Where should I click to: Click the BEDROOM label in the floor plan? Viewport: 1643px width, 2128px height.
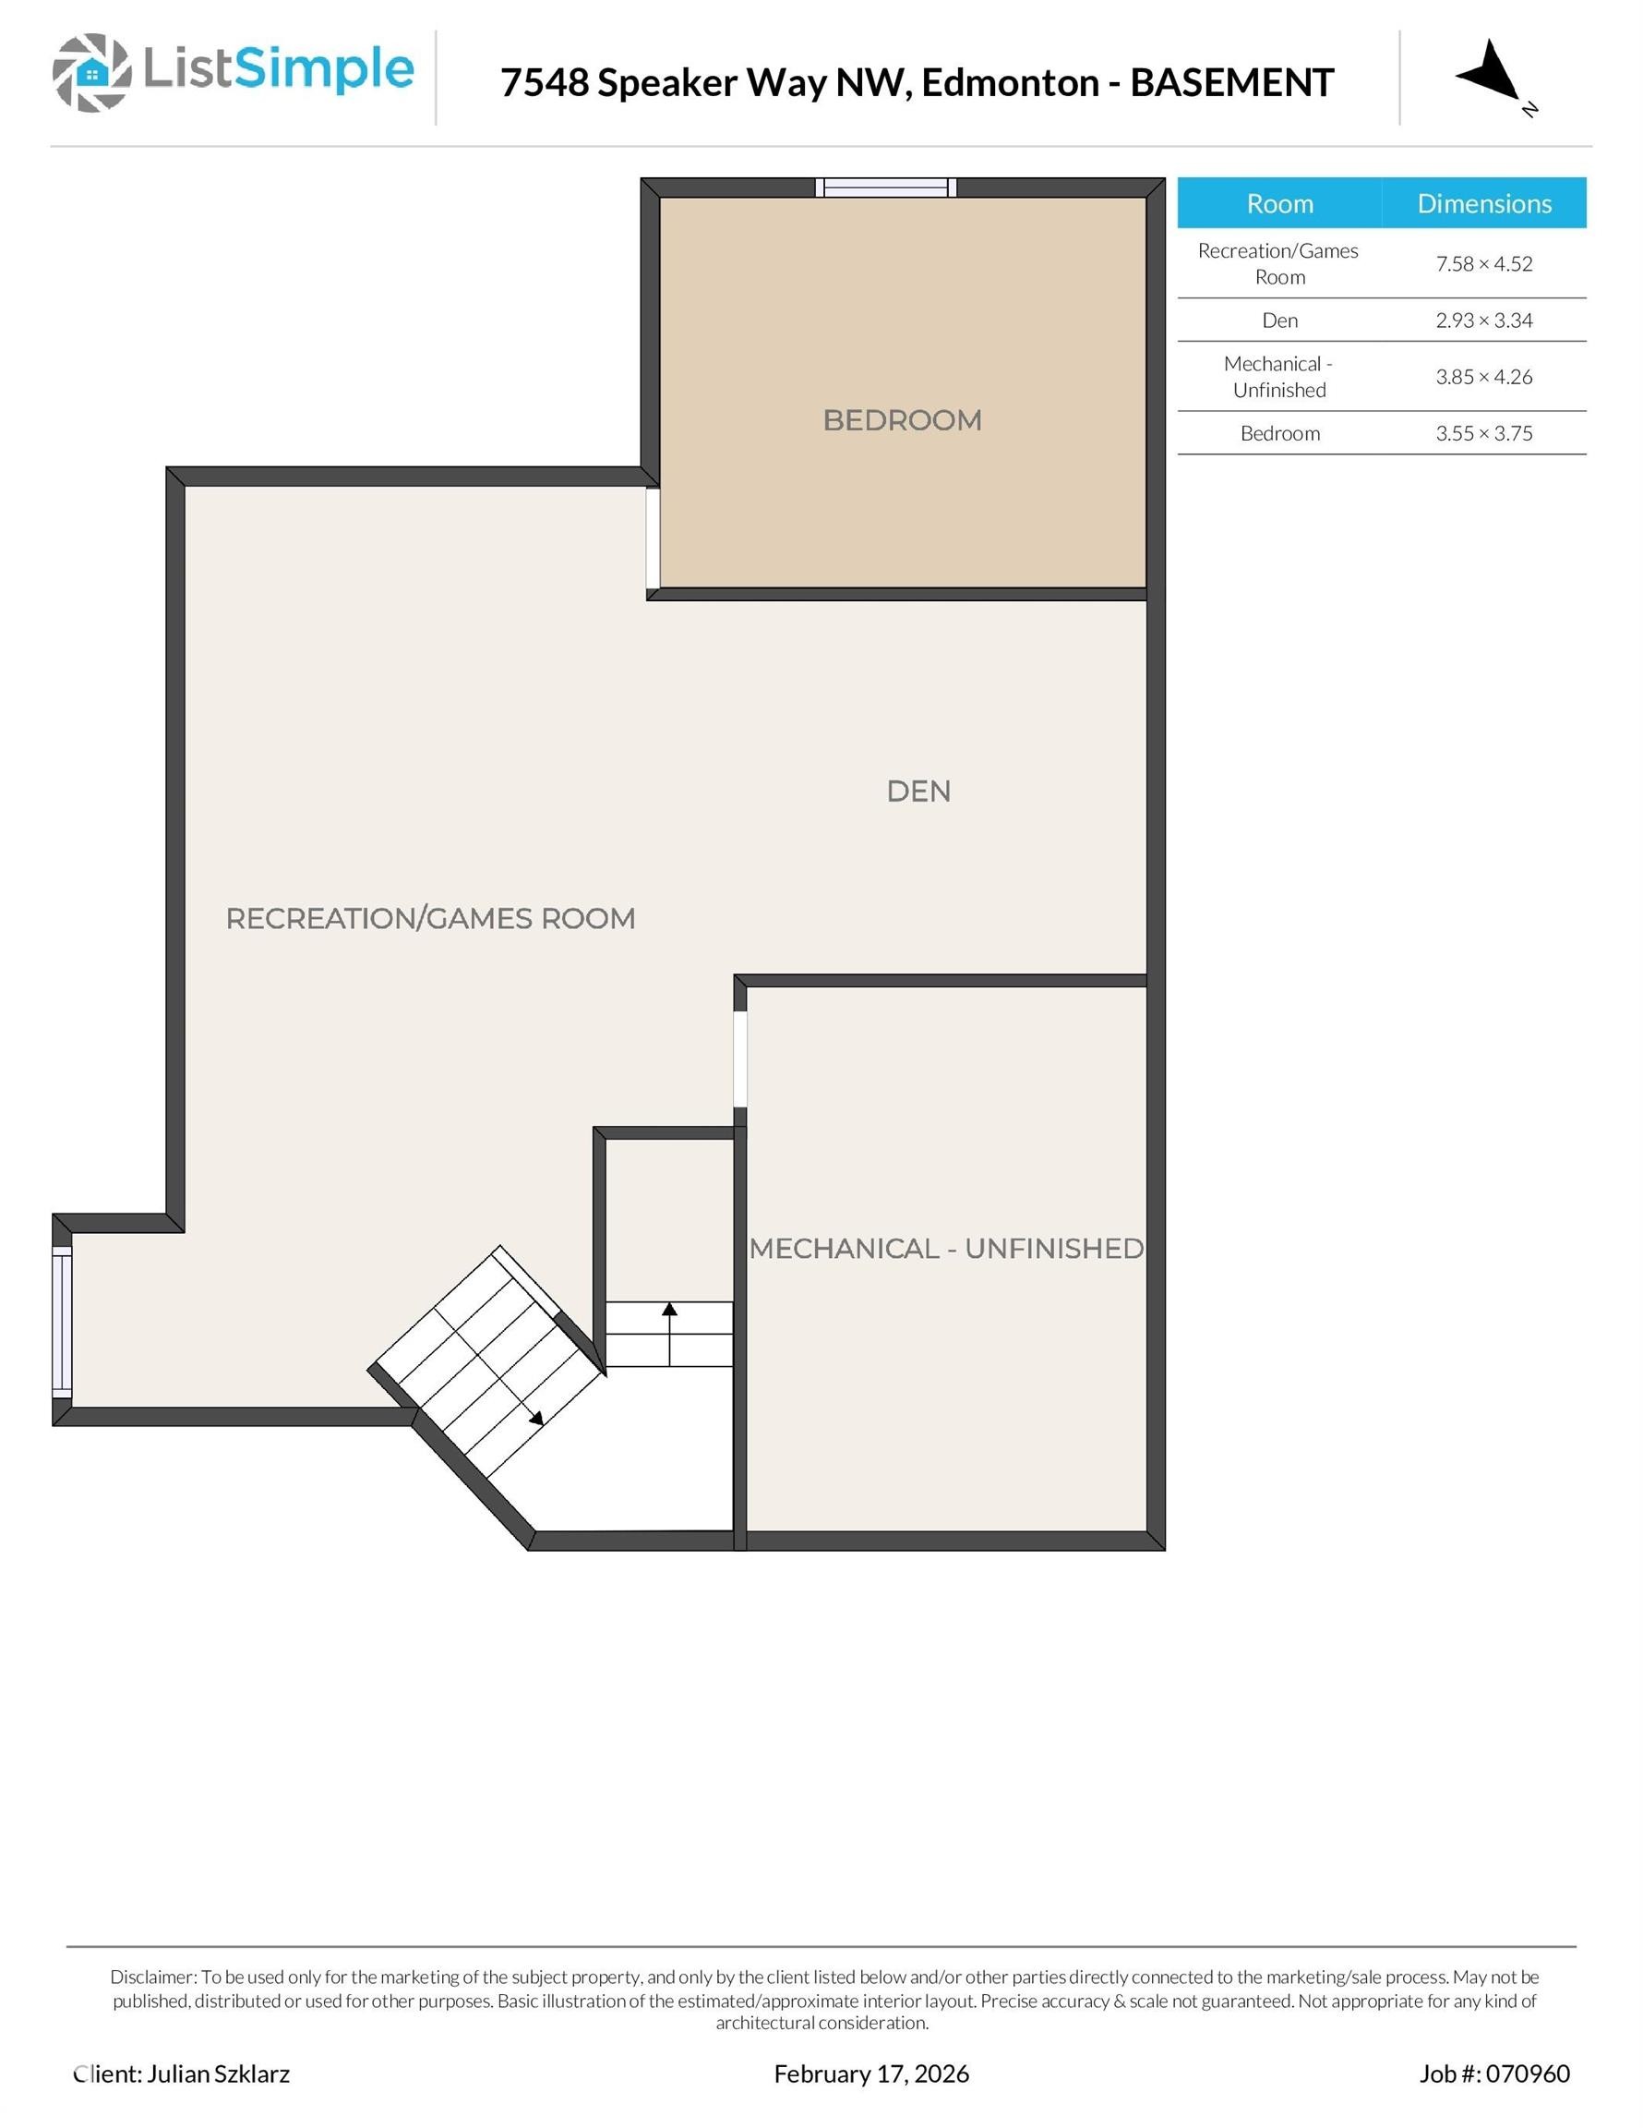[902, 420]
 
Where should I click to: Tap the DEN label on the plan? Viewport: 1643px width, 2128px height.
[918, 792]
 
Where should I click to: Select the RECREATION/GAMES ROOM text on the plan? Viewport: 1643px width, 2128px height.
[430, 918]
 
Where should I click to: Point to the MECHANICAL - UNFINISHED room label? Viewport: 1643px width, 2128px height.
[946, 1248]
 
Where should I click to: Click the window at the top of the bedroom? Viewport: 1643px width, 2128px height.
[885, 187]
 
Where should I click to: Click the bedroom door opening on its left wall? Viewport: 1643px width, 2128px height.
[653, 538]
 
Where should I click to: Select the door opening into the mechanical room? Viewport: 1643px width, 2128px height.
[740, 1059]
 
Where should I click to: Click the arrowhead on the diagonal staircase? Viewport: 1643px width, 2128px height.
[536, 1420]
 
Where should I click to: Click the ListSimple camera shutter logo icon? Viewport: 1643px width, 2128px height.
[91, 72]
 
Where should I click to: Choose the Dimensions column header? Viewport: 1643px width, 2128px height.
[1483, 203]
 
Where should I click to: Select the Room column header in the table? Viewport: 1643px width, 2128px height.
[1278, 203]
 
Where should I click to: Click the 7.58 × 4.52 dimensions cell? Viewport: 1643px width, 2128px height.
[1483, 264]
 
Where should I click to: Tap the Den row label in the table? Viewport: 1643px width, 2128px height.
[1278, 320]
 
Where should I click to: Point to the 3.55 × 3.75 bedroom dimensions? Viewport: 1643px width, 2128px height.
[1483, 433]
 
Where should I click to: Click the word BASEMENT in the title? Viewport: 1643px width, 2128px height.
[1231, 83]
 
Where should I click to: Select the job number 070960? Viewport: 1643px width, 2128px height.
[1527, 2074]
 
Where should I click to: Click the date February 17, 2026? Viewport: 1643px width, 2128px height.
[870, 2074]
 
